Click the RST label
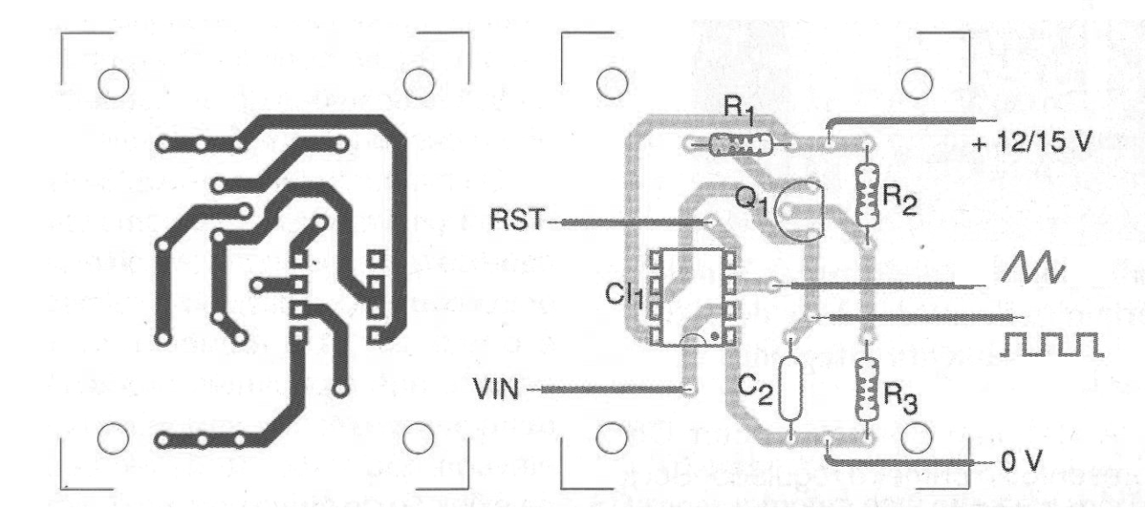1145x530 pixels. [x=517, y=220]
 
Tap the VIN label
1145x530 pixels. [x=496, y=389]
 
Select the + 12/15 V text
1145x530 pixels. [x=1032, y=142]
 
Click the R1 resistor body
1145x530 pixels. [x=741, y=145]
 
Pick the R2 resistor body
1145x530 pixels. [x=868, y=195]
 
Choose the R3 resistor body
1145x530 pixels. [x=868, y=389]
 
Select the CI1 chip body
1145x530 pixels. [x=692, y=298]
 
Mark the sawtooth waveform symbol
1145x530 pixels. [x=1032, y=268]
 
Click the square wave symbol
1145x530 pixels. [x=1052, y=344]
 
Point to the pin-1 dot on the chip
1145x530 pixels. [x=715, y=336]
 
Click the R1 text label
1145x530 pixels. [x=739, y=111]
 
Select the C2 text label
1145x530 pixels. [x=755, y=391]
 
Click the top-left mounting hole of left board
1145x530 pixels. [x=113, y=84]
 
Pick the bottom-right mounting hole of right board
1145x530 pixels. [x=917, y=438]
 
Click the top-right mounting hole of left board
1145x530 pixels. [x=418, y=84]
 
